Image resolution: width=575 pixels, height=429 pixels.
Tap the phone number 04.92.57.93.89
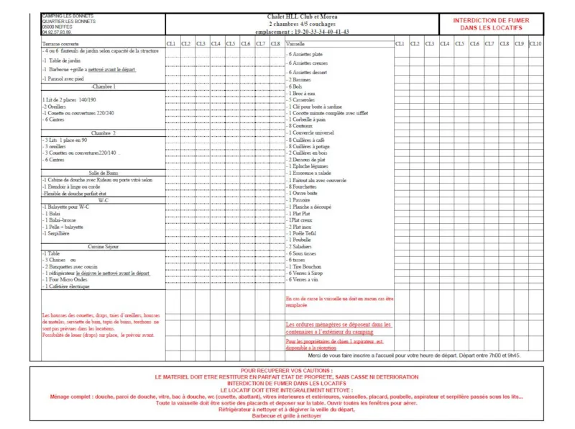point(57,32)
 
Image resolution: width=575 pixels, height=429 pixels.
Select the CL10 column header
point(535,45)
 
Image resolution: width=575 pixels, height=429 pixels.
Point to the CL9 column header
point(519,45)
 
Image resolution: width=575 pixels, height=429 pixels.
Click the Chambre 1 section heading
point(103,86)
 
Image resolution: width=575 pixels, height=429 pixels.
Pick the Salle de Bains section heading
point(103,173)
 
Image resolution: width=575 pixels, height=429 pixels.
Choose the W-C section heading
point(103,201)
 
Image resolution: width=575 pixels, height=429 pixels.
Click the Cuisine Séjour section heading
point(103,246)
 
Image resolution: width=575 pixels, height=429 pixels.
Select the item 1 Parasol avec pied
point(63,78)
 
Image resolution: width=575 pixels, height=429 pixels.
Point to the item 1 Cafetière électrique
point(66,286)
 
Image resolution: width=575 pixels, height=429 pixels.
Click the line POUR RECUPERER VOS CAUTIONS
point(286,371)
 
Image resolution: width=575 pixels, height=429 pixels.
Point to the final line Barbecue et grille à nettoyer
point(286,416)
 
